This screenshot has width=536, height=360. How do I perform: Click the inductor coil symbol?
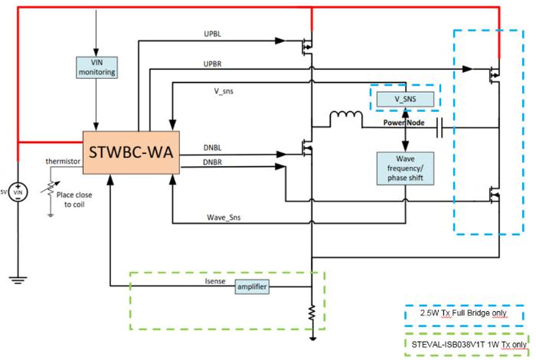click(x=345, y=119)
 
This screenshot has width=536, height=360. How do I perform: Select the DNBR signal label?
click(x=214, y=162)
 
